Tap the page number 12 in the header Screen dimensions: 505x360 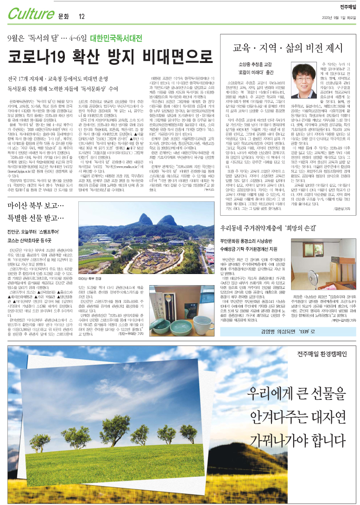coord(82,16)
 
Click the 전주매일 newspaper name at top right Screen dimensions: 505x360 coord(344,7)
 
